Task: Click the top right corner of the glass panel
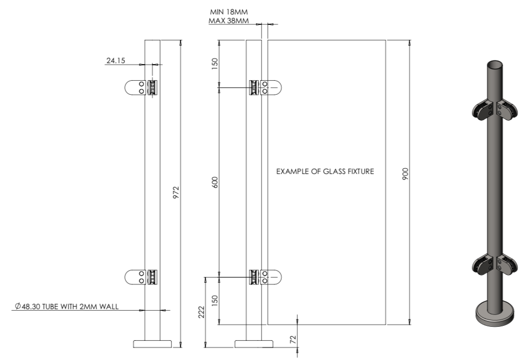[x=386, y=40]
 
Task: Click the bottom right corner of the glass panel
[x=386, y=324]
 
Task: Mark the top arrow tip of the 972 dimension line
[x=181, y=40]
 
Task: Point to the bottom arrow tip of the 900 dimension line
[x=410, y=324]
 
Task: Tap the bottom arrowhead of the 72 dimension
[x=297, y=348]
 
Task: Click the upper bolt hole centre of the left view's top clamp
[x=141, y=83]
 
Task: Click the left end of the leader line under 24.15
[x=105, y=64]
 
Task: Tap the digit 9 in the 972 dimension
[x=176, y=196]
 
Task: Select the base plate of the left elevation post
[x=152, y=344]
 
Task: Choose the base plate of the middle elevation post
[x=254, y=344]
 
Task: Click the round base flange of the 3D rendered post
[x=496, y=314]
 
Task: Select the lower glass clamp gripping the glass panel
[x=266, y=277]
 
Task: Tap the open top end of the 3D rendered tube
[x=496, y=64]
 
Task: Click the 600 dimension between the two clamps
[x=215, y=182]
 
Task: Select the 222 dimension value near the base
[x=201, y=312]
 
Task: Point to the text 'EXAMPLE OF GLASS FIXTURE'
[x=325, y=171]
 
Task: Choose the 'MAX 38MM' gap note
[x=229, y=21]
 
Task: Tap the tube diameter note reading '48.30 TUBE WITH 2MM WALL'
[x=67, y=306]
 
